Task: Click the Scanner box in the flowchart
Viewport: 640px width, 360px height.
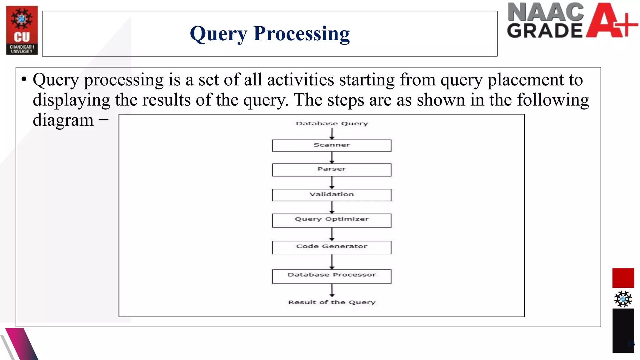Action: point(332,146)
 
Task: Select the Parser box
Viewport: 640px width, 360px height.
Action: point(332,170)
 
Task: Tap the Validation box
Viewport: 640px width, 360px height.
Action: point(332,195)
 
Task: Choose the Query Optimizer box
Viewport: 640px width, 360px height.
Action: point(332,220)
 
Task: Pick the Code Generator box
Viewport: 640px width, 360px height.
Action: point(332,247)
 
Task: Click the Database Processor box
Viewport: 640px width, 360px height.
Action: point(332,276)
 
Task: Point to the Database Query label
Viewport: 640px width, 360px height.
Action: point(332,123)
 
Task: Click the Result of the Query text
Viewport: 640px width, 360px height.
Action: point(332,302)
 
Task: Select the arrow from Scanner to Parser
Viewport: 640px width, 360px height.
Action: point(332,157)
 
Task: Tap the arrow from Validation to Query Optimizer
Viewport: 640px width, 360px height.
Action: point(332,207)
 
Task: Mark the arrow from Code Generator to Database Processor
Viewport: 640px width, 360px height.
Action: point(332,262)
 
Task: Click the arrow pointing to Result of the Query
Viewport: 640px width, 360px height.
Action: point(332,290)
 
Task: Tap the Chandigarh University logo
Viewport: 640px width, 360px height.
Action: point(22,30)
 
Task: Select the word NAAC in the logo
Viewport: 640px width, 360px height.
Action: point(545,12)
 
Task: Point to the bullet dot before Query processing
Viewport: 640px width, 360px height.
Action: point(24,79)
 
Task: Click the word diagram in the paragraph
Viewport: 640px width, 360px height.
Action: point(63,120)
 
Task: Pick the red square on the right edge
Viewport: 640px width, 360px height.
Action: point(623,278)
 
